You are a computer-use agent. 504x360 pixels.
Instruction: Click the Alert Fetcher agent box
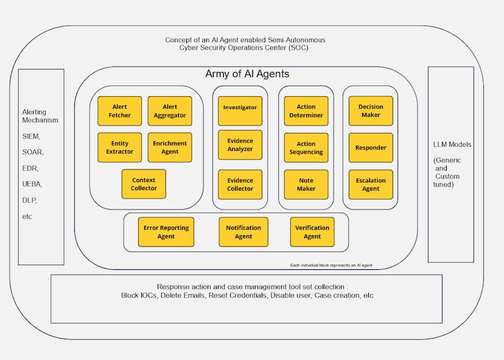(x=120, y=111)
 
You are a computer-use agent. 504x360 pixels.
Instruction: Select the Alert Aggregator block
(x=170, y=111)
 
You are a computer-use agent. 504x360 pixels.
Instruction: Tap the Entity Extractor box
(x=120, y=147)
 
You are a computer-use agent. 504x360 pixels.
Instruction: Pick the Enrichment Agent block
(x=170, y=147)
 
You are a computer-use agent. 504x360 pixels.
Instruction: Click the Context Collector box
(x=144, y=184)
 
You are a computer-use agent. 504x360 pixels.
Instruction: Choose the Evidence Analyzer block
(x=240, y=145)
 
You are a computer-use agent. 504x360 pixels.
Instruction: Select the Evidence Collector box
(x=240, y=185)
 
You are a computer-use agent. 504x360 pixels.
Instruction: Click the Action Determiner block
(x=306, y=111)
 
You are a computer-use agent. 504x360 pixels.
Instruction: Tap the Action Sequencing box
(x=306, y=148)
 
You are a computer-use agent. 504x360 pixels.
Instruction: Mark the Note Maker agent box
(x=306, y=185)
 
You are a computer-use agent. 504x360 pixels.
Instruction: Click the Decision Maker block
(x=371, y=111)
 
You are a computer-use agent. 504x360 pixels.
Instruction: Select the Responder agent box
(x=371, y=148)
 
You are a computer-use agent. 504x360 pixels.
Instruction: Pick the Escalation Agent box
(x=371, y=185)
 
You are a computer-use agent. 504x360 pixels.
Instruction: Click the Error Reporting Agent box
(x=166, y=232)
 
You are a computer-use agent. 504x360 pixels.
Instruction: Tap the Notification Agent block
(x=243, y=232)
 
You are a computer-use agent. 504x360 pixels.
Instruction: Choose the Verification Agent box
(x=312, y=232)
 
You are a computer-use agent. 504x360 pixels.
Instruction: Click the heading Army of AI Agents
(x=247, y=74)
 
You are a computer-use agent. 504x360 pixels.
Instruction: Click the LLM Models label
(x=451, y=144)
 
